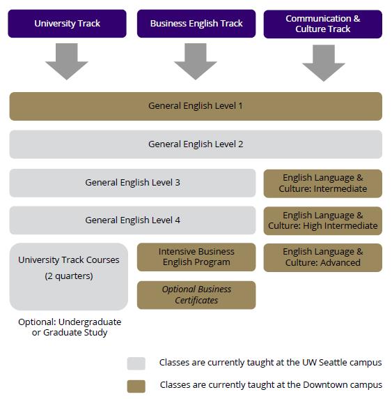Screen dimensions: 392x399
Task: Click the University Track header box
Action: [x=67, y=24]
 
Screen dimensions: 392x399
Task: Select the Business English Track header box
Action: [x=196, y=24]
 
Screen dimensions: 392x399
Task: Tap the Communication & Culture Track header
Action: [x=323, y=24]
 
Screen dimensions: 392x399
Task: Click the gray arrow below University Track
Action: [x=67, y=61]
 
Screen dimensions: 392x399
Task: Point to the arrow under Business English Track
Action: [x=196, y=61]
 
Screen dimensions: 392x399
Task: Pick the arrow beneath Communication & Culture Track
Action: [x=324, y=63]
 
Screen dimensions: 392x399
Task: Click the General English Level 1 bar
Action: [x=196, y=106]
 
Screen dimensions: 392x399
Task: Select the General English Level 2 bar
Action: [x=196, y=144]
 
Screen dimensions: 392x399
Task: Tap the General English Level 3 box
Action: [x=132, y=183]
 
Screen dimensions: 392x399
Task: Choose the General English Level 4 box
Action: [x=132, y=220]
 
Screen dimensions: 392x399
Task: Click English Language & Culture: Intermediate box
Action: [x=323, y=183]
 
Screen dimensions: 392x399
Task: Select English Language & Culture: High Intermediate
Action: [x=323, y=220]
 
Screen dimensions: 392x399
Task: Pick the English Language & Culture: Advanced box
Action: [x=323, y=257]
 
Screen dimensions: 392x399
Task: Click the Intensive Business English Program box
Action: [x=196, y=257]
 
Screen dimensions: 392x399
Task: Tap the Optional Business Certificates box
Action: [x=196, y=295]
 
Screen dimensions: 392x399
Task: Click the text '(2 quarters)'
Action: [x=69, y=276]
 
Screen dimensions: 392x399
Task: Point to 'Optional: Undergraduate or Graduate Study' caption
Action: [x=70, y=327]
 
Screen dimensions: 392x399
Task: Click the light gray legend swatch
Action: [x=136, y=363]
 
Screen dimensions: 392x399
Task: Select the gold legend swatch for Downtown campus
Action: [x=136, y=386]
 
